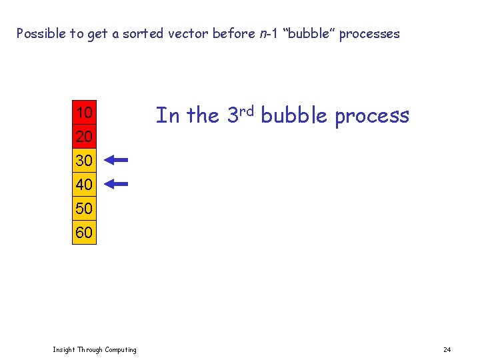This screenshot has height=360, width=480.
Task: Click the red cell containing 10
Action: [x=84, y=113]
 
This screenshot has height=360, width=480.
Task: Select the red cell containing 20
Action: [x=84, y=137]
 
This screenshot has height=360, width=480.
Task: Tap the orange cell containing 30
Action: [x=84, y=161]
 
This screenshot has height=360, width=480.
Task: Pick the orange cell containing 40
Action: [x=84, y=184]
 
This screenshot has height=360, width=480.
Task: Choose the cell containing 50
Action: [x=84, y=208]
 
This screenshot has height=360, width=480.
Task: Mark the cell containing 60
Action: [x=84, y=233]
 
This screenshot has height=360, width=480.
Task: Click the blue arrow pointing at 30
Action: [x=116, y=160]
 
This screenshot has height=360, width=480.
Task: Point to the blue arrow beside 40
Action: [x=116, y=183]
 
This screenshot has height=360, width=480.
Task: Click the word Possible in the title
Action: [x=41, y=33]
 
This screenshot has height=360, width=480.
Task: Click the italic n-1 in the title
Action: [x=268, y=33]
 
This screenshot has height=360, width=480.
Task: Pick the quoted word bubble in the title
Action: [x=310, y=33]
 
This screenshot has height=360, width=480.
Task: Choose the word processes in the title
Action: [x=369, y=33]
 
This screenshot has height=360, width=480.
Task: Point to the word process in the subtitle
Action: [x=372, y=116]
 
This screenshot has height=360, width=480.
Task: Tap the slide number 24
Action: [x=447, y=350]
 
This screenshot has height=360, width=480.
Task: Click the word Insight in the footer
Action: [x=65, y=350]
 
